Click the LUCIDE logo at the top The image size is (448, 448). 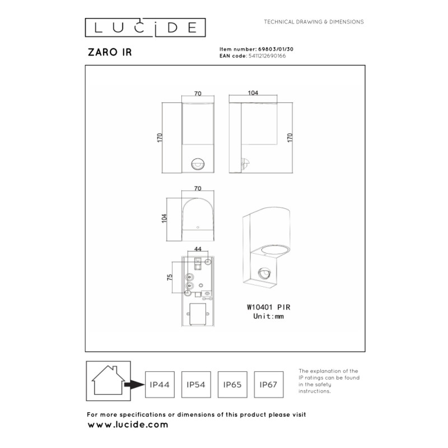[145, 27]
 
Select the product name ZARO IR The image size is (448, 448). [110, 52]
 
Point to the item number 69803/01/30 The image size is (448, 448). [276, 49]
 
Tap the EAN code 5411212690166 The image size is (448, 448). [267, 56]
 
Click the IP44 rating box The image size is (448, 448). [160, 385]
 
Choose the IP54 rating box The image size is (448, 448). [196, 385]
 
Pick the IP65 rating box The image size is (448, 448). [232, 385]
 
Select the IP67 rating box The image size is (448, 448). [269, 385]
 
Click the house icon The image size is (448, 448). [108, 381]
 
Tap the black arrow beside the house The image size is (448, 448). [134, 385]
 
